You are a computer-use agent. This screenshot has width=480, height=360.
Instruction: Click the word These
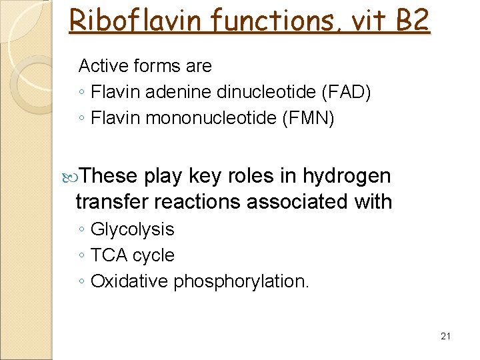[x=111, y=176]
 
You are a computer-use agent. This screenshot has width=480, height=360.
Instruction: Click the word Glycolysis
[x=132, y=230]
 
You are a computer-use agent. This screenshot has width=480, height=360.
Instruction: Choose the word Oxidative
[x=129, y=281]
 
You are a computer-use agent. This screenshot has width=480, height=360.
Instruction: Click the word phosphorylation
[x=241, y=282]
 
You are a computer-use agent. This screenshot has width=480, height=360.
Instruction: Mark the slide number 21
[x=446, y=336]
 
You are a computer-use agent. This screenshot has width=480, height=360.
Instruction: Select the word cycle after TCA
[x=153, y=256]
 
